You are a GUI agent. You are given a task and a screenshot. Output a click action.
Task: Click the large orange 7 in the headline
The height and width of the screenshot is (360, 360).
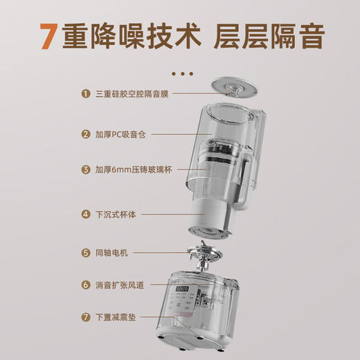pos(46,37)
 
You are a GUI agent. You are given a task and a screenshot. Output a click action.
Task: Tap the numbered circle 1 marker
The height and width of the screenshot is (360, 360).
pos(85,93)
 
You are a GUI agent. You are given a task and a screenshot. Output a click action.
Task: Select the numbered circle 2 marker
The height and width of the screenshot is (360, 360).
pos(85,134)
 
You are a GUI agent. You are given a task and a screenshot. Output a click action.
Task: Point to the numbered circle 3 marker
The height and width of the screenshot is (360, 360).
pos(85,170)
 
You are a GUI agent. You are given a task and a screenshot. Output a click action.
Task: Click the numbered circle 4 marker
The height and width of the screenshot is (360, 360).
pos(85,215)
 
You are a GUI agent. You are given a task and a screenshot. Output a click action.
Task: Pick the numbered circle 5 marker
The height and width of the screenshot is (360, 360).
pos(85,253)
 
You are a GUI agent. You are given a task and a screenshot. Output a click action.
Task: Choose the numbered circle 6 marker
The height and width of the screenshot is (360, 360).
pos(85,285)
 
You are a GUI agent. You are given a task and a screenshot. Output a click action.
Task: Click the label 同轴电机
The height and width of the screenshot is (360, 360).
pos(110,253)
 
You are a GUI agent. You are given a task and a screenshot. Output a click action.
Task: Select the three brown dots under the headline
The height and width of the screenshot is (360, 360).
pos(181,72)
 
